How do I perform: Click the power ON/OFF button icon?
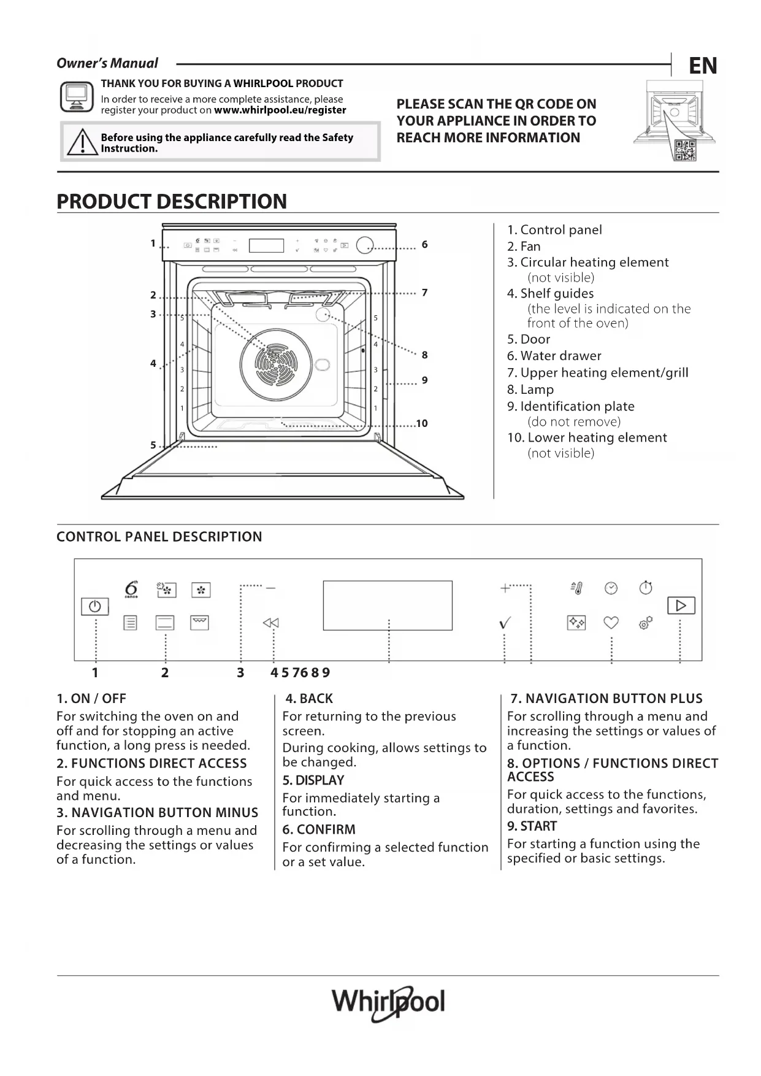(95, 606)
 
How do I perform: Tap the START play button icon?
(681, 605)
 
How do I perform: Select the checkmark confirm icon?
(505, 623)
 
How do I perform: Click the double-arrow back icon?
(270, 623)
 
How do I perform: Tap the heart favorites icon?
(611, 623)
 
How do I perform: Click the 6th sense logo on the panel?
(131, 588)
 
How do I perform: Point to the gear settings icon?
(645, 623)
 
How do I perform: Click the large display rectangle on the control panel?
(388, 605)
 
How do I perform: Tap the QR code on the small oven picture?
(685, 150)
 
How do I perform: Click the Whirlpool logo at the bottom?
(388, 1002)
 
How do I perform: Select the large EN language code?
(702, 66)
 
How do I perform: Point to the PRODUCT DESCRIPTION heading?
(172, 201)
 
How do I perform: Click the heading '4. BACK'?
(309, 698)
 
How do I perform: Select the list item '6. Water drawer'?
(554, 356)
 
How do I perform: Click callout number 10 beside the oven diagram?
(422, 423)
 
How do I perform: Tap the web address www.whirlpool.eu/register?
(280, 110)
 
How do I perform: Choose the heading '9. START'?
(532, 826)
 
